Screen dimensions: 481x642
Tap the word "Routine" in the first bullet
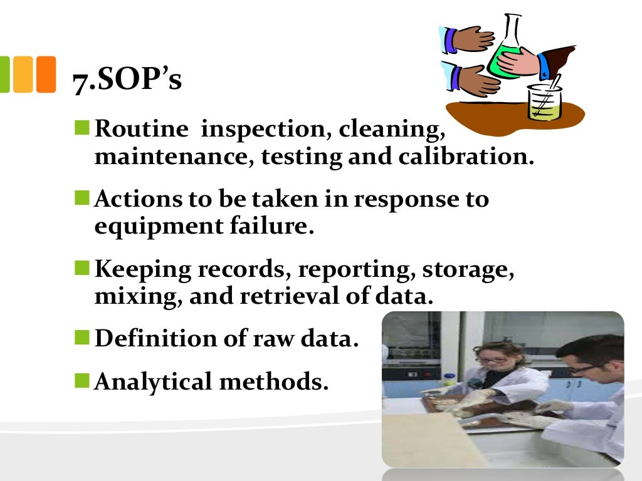coord(141,130)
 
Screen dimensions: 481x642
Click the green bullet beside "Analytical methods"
coord(82,378)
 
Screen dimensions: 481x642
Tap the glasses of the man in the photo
coord(584,369)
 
